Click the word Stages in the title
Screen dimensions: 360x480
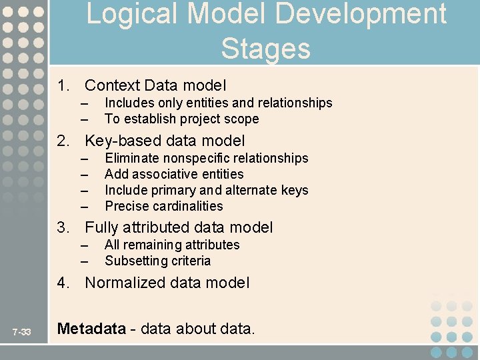265,49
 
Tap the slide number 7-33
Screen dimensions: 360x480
22,331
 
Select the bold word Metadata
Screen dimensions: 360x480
91,329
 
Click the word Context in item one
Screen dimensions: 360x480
112,85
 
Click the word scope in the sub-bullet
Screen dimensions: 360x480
243,119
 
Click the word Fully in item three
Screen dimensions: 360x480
101,227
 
